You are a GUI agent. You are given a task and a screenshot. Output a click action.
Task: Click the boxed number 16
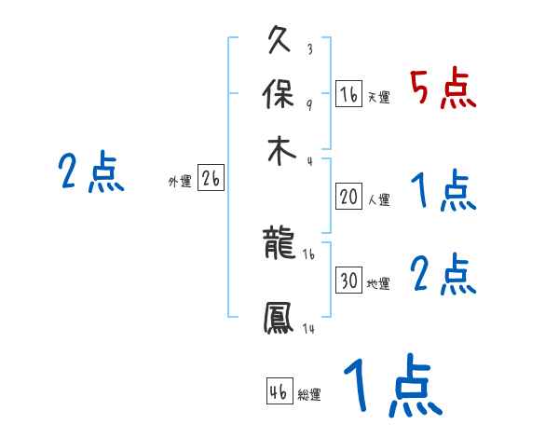click(x=348, y=94)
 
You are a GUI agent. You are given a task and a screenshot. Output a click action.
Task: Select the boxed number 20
click(x=348, y=197)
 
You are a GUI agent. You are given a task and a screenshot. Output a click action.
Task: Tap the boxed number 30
click(x=348, y=281)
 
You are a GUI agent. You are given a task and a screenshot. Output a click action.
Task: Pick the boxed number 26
click(x=211, y=179)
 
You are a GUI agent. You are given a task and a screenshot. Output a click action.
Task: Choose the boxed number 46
click(x=279, y=390)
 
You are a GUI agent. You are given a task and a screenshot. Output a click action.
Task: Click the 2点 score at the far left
click(x=91, y=172)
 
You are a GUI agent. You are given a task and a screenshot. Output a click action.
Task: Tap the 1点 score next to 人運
click(x=443, y=191)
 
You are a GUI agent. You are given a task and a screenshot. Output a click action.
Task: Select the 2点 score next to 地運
click(x=443, y=276)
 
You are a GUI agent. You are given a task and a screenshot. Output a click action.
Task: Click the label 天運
click(x=378, y=97)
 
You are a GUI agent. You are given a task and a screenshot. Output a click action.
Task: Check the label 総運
click(x=309, y=395)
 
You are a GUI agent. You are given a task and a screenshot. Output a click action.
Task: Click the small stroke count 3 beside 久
click(x=308, y=49)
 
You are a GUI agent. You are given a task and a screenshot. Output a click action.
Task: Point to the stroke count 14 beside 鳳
click(x=307, y=329)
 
